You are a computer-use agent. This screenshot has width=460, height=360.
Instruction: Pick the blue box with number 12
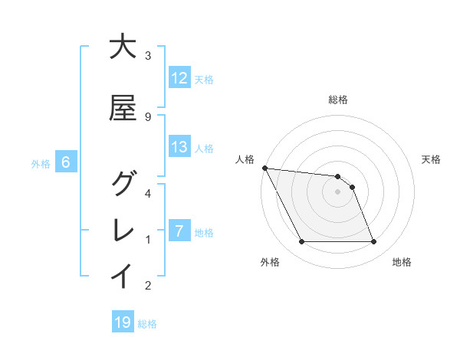[x=179, y=78]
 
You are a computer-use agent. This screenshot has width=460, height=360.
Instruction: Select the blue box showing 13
[x=179, y=147]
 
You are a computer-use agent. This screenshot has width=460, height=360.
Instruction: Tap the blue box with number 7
[x=179, y=231]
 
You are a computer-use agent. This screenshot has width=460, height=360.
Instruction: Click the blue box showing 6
[x=66, y=162]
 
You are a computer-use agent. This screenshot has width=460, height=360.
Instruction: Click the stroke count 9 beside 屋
[x=148, y=116]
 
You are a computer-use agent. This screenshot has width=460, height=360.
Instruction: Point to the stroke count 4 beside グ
[x=148, y=193]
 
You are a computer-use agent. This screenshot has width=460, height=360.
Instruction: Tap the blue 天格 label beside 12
[x=204, y=79]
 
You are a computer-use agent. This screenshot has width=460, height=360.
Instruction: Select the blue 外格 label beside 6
[x=41, y=163]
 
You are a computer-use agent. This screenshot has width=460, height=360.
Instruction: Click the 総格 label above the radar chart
[x=338, y=100]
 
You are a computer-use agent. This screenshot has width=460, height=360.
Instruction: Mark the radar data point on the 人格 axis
[x=264, y=168]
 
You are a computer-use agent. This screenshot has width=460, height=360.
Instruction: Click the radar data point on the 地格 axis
[x=373, y=242]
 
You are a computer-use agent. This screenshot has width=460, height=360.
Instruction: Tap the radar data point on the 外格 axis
[x=301, y=242]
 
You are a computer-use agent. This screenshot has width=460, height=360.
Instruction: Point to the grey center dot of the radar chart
[x=338, y=191]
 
